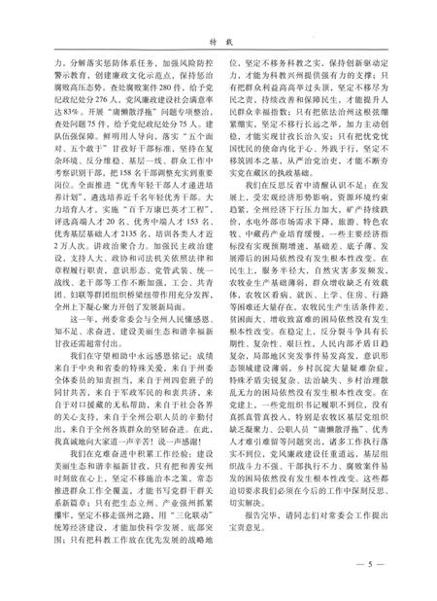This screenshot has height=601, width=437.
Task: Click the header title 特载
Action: [x=218, y=17]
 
